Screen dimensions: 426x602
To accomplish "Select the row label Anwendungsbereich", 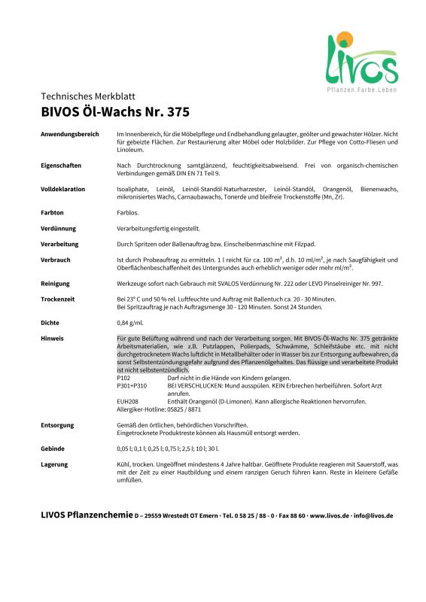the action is tap(70, 133).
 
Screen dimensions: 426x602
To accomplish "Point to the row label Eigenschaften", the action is tap(61, 165).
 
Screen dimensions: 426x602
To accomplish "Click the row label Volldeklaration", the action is tap(63, 188).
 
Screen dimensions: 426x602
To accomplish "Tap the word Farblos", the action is tap(127, 212).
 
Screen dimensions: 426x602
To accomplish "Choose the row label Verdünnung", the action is tap(59, 228).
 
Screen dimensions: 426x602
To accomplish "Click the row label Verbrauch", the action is tap(56, 260).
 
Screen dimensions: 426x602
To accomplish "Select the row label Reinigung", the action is tap(56, 284).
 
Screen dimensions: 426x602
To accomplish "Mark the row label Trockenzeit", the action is tap(59, 299).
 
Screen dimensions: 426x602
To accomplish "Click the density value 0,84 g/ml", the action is tap(132, 323).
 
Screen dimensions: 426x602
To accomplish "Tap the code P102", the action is tap(124, 378).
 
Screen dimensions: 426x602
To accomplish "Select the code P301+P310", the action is tap(132, 385).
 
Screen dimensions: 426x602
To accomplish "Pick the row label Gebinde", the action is tap(54, 448).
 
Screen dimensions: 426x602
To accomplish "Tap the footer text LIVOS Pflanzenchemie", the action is tap(86, 515).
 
